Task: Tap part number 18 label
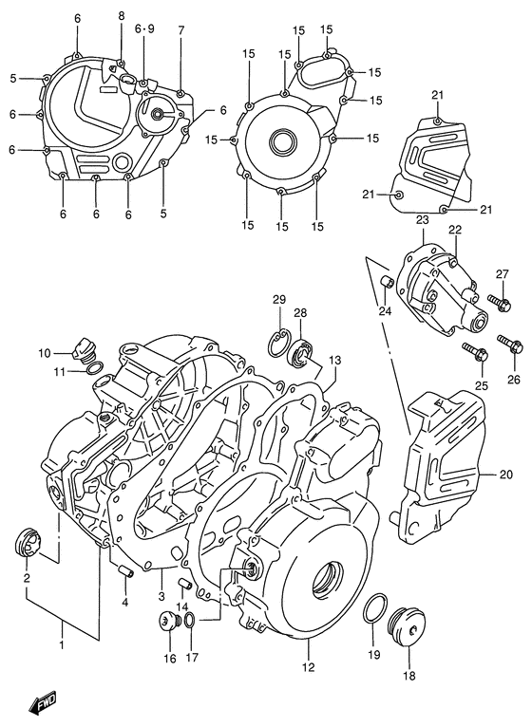click(409, 676)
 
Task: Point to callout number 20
click(504, 475)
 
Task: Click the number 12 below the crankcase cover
click(307, 668)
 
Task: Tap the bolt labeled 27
click(501, 303)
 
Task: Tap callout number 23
click(422, 220)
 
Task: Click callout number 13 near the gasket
click(334, 360)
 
